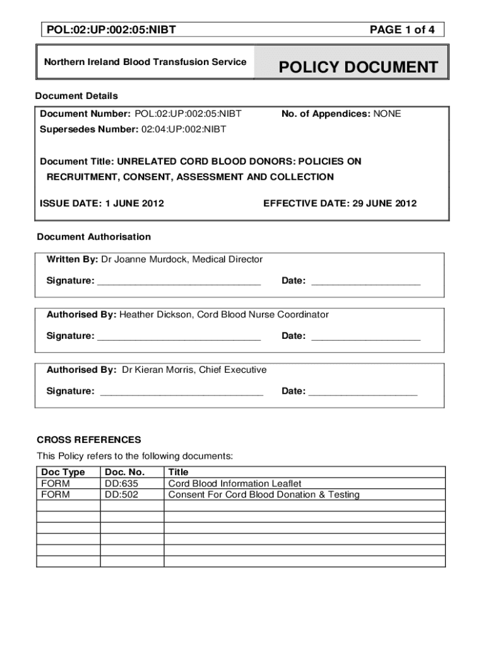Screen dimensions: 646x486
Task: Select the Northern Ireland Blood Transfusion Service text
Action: point(145,62)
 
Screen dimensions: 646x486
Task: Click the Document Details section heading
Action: point(76,96)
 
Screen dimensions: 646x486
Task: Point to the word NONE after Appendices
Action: point(387,114)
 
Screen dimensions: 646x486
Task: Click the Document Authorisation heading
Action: point(94,237)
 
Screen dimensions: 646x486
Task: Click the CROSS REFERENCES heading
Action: point(89,440)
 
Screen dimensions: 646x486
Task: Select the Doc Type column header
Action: point(63,472)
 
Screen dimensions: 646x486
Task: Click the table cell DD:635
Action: point(121,483)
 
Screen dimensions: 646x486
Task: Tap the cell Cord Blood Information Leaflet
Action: point(235,483)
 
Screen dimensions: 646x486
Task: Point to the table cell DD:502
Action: point(121,495)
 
